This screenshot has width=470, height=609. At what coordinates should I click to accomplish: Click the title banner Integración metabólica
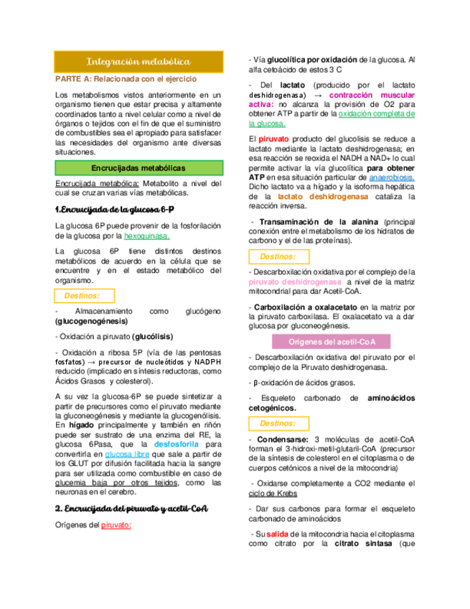(138, 62)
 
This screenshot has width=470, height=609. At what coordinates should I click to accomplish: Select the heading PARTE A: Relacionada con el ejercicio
(126, 78)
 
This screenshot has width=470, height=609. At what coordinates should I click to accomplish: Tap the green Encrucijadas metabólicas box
(138, 168)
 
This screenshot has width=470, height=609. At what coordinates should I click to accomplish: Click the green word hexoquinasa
(147, 236)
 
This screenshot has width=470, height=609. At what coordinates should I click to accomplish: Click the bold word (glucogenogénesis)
(88, 322)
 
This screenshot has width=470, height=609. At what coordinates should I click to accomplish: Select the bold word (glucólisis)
(147, 336)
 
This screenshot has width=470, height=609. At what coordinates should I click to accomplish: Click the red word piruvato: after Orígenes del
(116, 525)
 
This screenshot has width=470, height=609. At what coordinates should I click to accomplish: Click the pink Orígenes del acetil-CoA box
(332, 340)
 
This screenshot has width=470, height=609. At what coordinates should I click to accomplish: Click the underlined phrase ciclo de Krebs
(273, 493)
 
